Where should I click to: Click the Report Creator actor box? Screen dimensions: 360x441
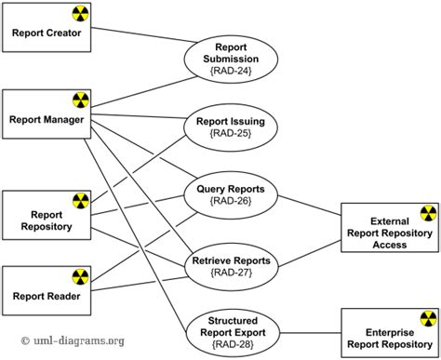pos(47,33)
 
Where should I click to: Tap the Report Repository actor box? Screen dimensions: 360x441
pos(47,219)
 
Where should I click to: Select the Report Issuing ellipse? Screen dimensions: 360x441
pos(230,127)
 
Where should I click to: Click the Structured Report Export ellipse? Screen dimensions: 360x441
pos(230,332)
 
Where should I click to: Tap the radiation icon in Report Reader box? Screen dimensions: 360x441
pos(81,276)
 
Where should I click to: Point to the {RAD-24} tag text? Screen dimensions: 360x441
pos(230,69)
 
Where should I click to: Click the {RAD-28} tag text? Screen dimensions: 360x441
pos(230,345)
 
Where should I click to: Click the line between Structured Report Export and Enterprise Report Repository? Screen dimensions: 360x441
pos(310,333)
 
